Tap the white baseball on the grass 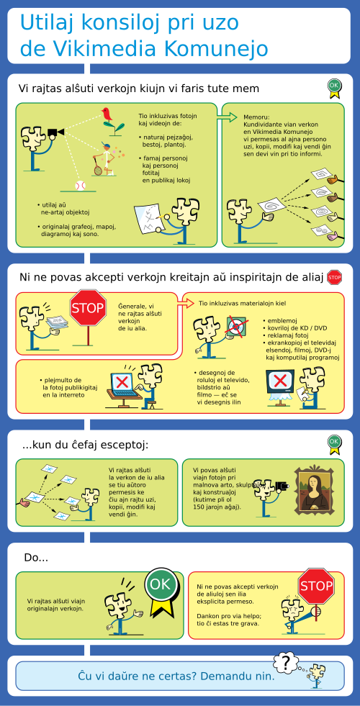click(80, 186)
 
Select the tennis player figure click(105, 158)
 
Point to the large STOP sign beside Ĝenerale click(88, 308)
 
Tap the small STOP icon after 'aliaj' click(334, 277)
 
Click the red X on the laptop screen click(122, 382)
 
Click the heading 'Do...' click(36, 558)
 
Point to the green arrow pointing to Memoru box click(227, 117)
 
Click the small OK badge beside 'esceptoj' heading click(334, 443)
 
